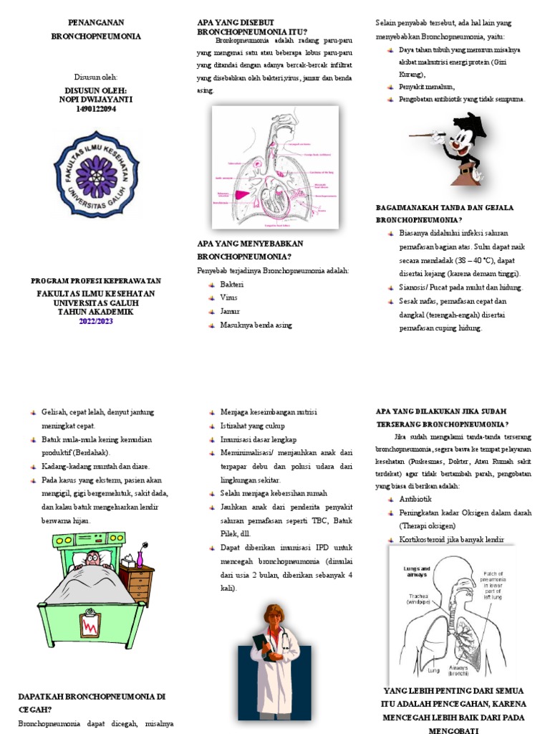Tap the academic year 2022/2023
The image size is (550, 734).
pos(96,321)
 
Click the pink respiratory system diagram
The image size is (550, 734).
pos(275,166)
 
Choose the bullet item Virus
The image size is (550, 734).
pos(229,298)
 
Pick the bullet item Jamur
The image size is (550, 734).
pos(230,312)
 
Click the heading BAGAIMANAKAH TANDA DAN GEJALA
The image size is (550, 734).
pos(445,208)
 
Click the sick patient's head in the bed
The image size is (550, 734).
pos(92,559)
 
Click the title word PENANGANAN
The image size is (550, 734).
pos(96,23)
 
